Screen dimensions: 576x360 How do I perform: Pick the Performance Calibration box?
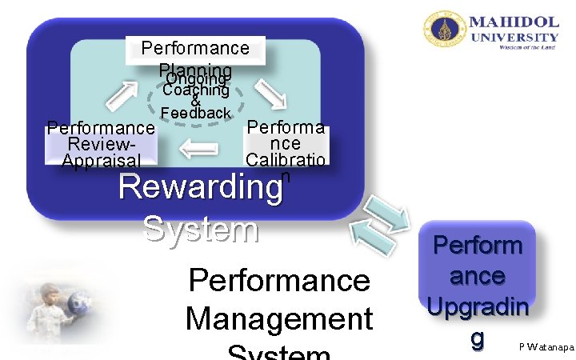286,143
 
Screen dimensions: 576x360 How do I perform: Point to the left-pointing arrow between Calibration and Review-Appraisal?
198,147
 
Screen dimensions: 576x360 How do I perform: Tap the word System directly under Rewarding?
201,230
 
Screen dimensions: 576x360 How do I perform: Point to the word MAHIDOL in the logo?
514,22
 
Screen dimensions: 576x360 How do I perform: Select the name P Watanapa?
546,346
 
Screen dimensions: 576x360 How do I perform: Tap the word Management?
279,319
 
